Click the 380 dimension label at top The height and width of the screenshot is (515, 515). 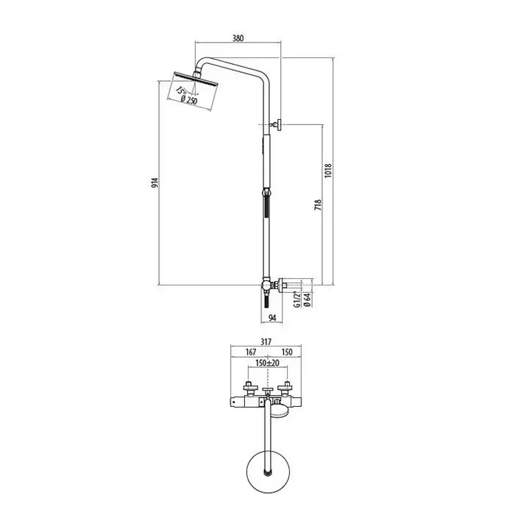238,38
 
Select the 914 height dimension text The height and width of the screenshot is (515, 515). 154,182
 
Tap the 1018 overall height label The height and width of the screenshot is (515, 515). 328,171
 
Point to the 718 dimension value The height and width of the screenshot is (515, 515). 318,205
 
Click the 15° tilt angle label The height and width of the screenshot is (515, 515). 180,90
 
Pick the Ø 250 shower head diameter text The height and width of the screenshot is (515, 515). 189,99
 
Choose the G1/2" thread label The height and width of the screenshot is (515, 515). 297,299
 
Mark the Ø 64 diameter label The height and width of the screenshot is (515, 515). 308,300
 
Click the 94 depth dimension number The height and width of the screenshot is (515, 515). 272,318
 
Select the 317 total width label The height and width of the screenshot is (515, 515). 266,342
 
